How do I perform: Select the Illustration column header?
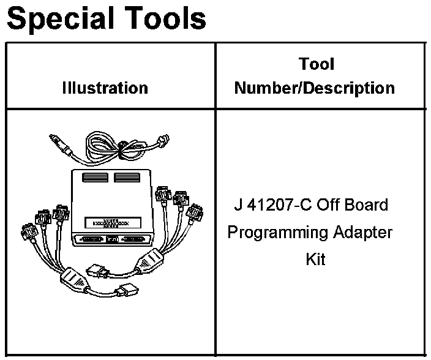click(105, 88)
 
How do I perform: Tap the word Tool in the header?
click(316, 64)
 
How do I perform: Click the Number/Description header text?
click(315, 88)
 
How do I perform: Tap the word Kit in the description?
click(315, 260)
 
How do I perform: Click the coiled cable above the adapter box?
click(110, 147)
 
